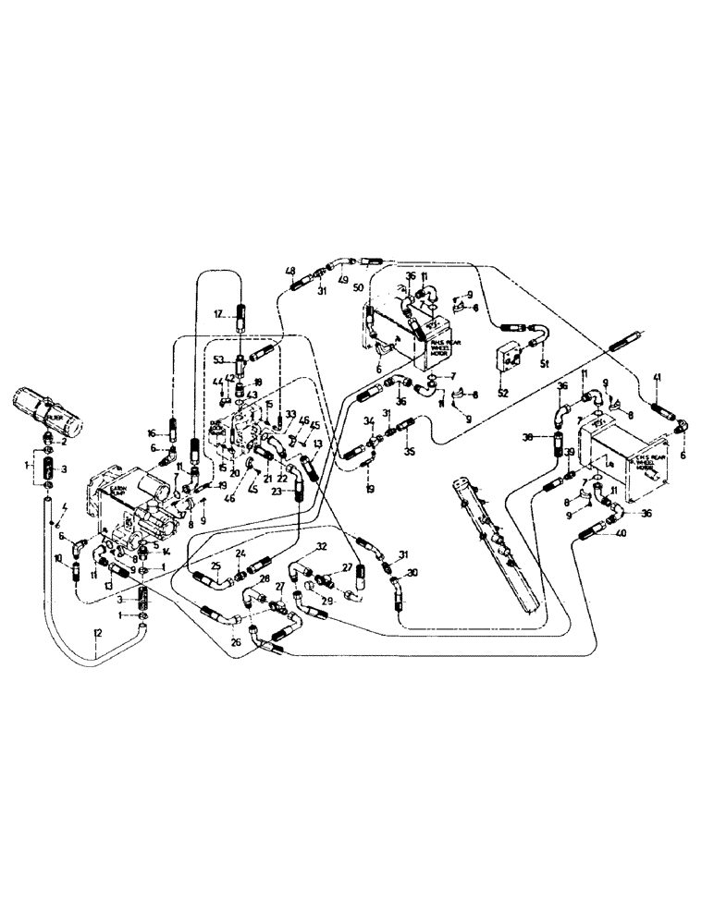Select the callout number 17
click(220, 313)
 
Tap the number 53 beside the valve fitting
click(218, 359)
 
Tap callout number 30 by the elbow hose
click(412, 572)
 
